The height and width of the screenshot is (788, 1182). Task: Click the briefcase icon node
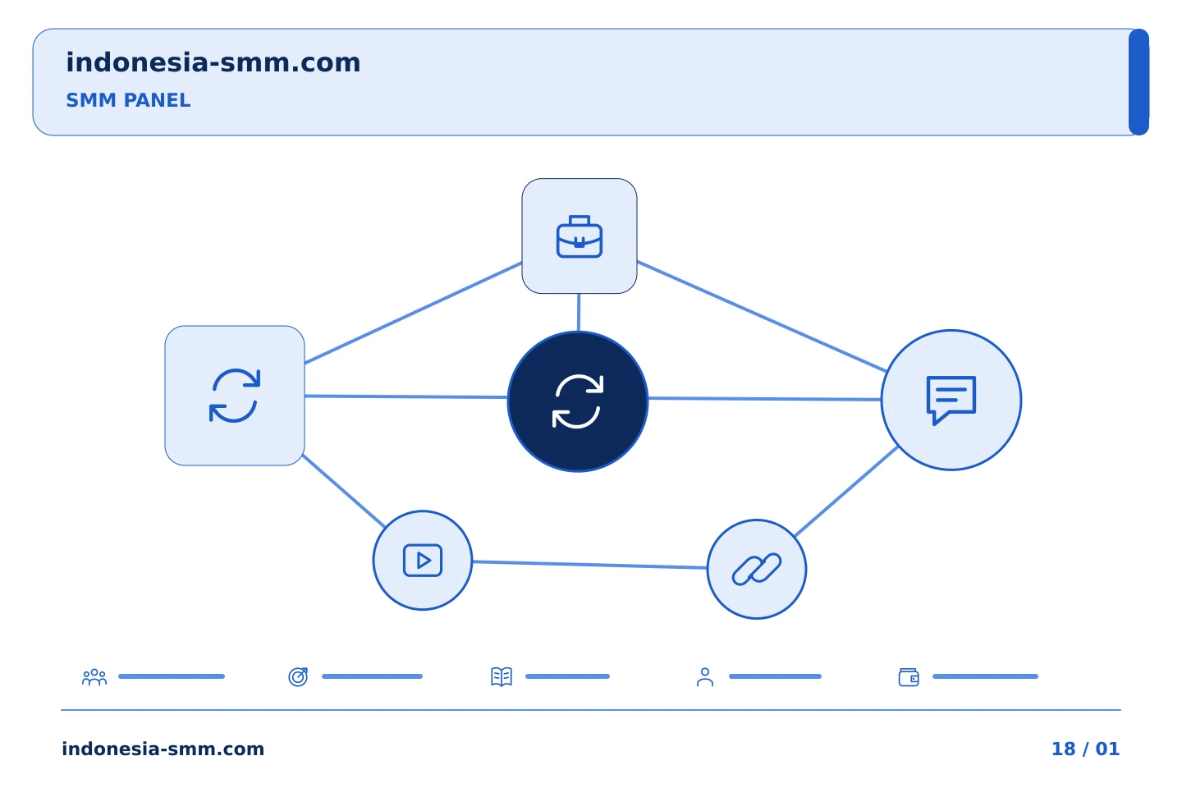(579, 236)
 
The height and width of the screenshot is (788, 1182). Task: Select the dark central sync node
(578, 401)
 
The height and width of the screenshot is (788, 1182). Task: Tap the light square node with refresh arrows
(234, 396)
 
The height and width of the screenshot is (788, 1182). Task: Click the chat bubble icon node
(951, 400)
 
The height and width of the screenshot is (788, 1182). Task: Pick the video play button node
(422, 560)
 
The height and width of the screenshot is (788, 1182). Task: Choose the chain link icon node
(756, 569)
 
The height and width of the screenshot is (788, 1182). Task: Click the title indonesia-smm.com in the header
(213, 63)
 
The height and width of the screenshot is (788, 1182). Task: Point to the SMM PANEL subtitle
(128, 100)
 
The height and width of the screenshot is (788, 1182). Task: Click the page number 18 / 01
(1085, 749)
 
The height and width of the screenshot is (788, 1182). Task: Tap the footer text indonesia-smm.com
(163, 749)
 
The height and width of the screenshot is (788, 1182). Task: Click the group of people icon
(94, 676)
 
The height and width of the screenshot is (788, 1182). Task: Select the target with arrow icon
(298, 676)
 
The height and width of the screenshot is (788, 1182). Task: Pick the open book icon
(502, 676)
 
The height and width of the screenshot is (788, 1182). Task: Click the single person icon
(705, 676)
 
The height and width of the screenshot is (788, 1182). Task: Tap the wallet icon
(909, 677)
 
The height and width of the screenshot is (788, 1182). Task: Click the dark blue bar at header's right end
(1138, 82)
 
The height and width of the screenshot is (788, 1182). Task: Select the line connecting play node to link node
(589, 565)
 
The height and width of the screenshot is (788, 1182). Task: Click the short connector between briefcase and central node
(579, 313)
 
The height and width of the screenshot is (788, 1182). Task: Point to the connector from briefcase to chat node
(762, 316)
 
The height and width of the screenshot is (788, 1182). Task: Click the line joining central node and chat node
(765, 399)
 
